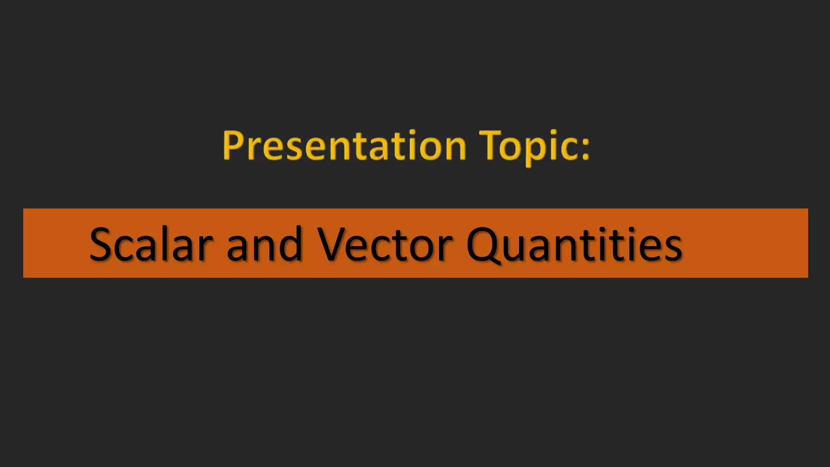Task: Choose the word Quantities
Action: (574, 244)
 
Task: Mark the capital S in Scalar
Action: (101, 244)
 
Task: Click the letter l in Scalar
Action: (167, 243)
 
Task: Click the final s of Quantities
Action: (672, 248)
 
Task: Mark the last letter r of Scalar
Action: (204, 248)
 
